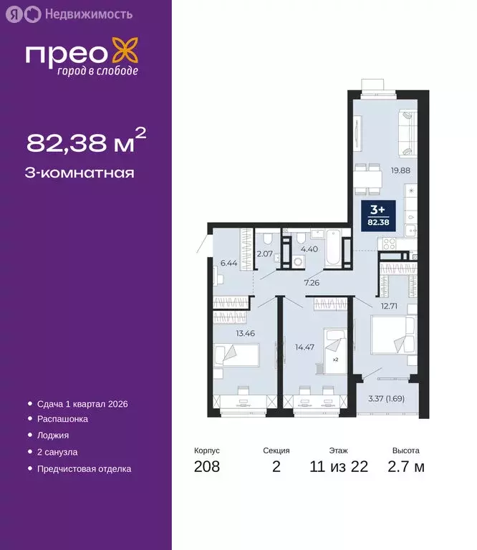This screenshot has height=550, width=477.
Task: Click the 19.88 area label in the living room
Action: coord(400,170)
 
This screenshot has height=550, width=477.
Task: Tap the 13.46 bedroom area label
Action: coord(227,333)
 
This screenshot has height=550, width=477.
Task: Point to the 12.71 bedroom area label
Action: coord(390,306)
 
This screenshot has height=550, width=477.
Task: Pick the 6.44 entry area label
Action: coord(228,263)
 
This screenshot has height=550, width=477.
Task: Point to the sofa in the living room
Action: coord(408,132)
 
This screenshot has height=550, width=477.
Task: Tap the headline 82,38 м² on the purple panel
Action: coord(86,142)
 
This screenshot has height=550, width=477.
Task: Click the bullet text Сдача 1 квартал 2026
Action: coord(82,404)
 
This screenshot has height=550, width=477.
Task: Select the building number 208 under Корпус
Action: coord(207,468)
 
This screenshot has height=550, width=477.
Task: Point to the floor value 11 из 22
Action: coord(339,468)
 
